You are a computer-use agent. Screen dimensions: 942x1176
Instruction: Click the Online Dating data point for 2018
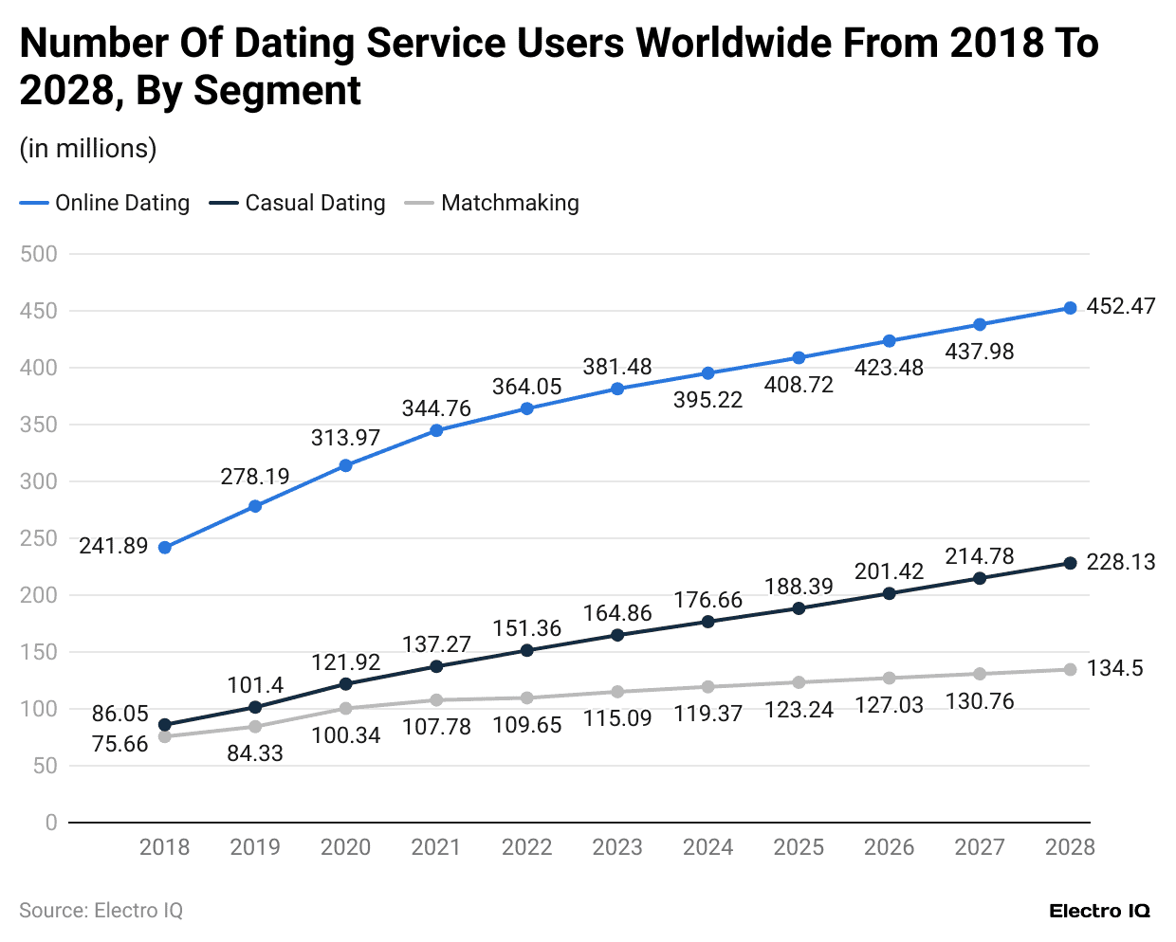click(165, 548)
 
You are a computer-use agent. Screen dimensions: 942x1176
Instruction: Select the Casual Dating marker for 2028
click(1070, 563)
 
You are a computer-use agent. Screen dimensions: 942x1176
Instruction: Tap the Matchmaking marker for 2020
click(346, 708)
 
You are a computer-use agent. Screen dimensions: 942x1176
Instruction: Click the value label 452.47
click(1120, 306)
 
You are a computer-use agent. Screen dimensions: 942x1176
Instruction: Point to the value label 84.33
click(255, 753)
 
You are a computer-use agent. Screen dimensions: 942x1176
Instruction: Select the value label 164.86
click(617, 613)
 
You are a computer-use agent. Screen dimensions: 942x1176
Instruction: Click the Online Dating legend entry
click(105, 203)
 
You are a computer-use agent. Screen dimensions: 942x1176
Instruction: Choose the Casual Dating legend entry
click(298, 203)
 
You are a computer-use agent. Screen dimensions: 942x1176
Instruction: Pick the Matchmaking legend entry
click(492, 203)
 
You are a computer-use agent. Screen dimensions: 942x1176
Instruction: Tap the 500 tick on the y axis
click(39, 254)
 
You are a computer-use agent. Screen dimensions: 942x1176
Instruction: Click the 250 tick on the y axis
click(39, 538)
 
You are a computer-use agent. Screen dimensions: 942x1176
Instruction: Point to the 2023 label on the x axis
click(617, 847)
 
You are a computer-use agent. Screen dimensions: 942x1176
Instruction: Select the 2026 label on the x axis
click(889, 847)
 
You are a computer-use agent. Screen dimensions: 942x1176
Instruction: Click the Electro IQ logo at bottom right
click(1099, 911)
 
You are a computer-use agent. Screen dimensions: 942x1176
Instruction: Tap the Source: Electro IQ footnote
click(101, 911)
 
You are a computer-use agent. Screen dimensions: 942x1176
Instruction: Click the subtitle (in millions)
click(88, 149)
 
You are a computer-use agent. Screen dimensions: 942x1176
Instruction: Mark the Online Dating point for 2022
click(527, 408)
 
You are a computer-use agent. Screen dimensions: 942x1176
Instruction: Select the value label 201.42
click(889, 571)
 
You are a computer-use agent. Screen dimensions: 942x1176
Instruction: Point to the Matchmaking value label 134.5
click(1114, 668)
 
